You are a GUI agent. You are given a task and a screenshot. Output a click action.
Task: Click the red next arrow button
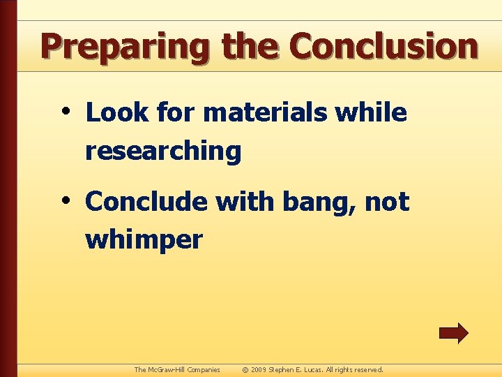[453, 333]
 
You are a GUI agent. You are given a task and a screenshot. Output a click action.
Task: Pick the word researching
[163, 151]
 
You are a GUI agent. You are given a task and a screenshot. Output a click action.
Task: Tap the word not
[387, 202]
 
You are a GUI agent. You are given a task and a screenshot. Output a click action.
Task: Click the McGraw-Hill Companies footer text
[177, 369]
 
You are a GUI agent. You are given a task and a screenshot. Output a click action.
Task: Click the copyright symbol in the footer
[245, 369]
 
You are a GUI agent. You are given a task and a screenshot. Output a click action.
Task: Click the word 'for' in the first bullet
[176, 112]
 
